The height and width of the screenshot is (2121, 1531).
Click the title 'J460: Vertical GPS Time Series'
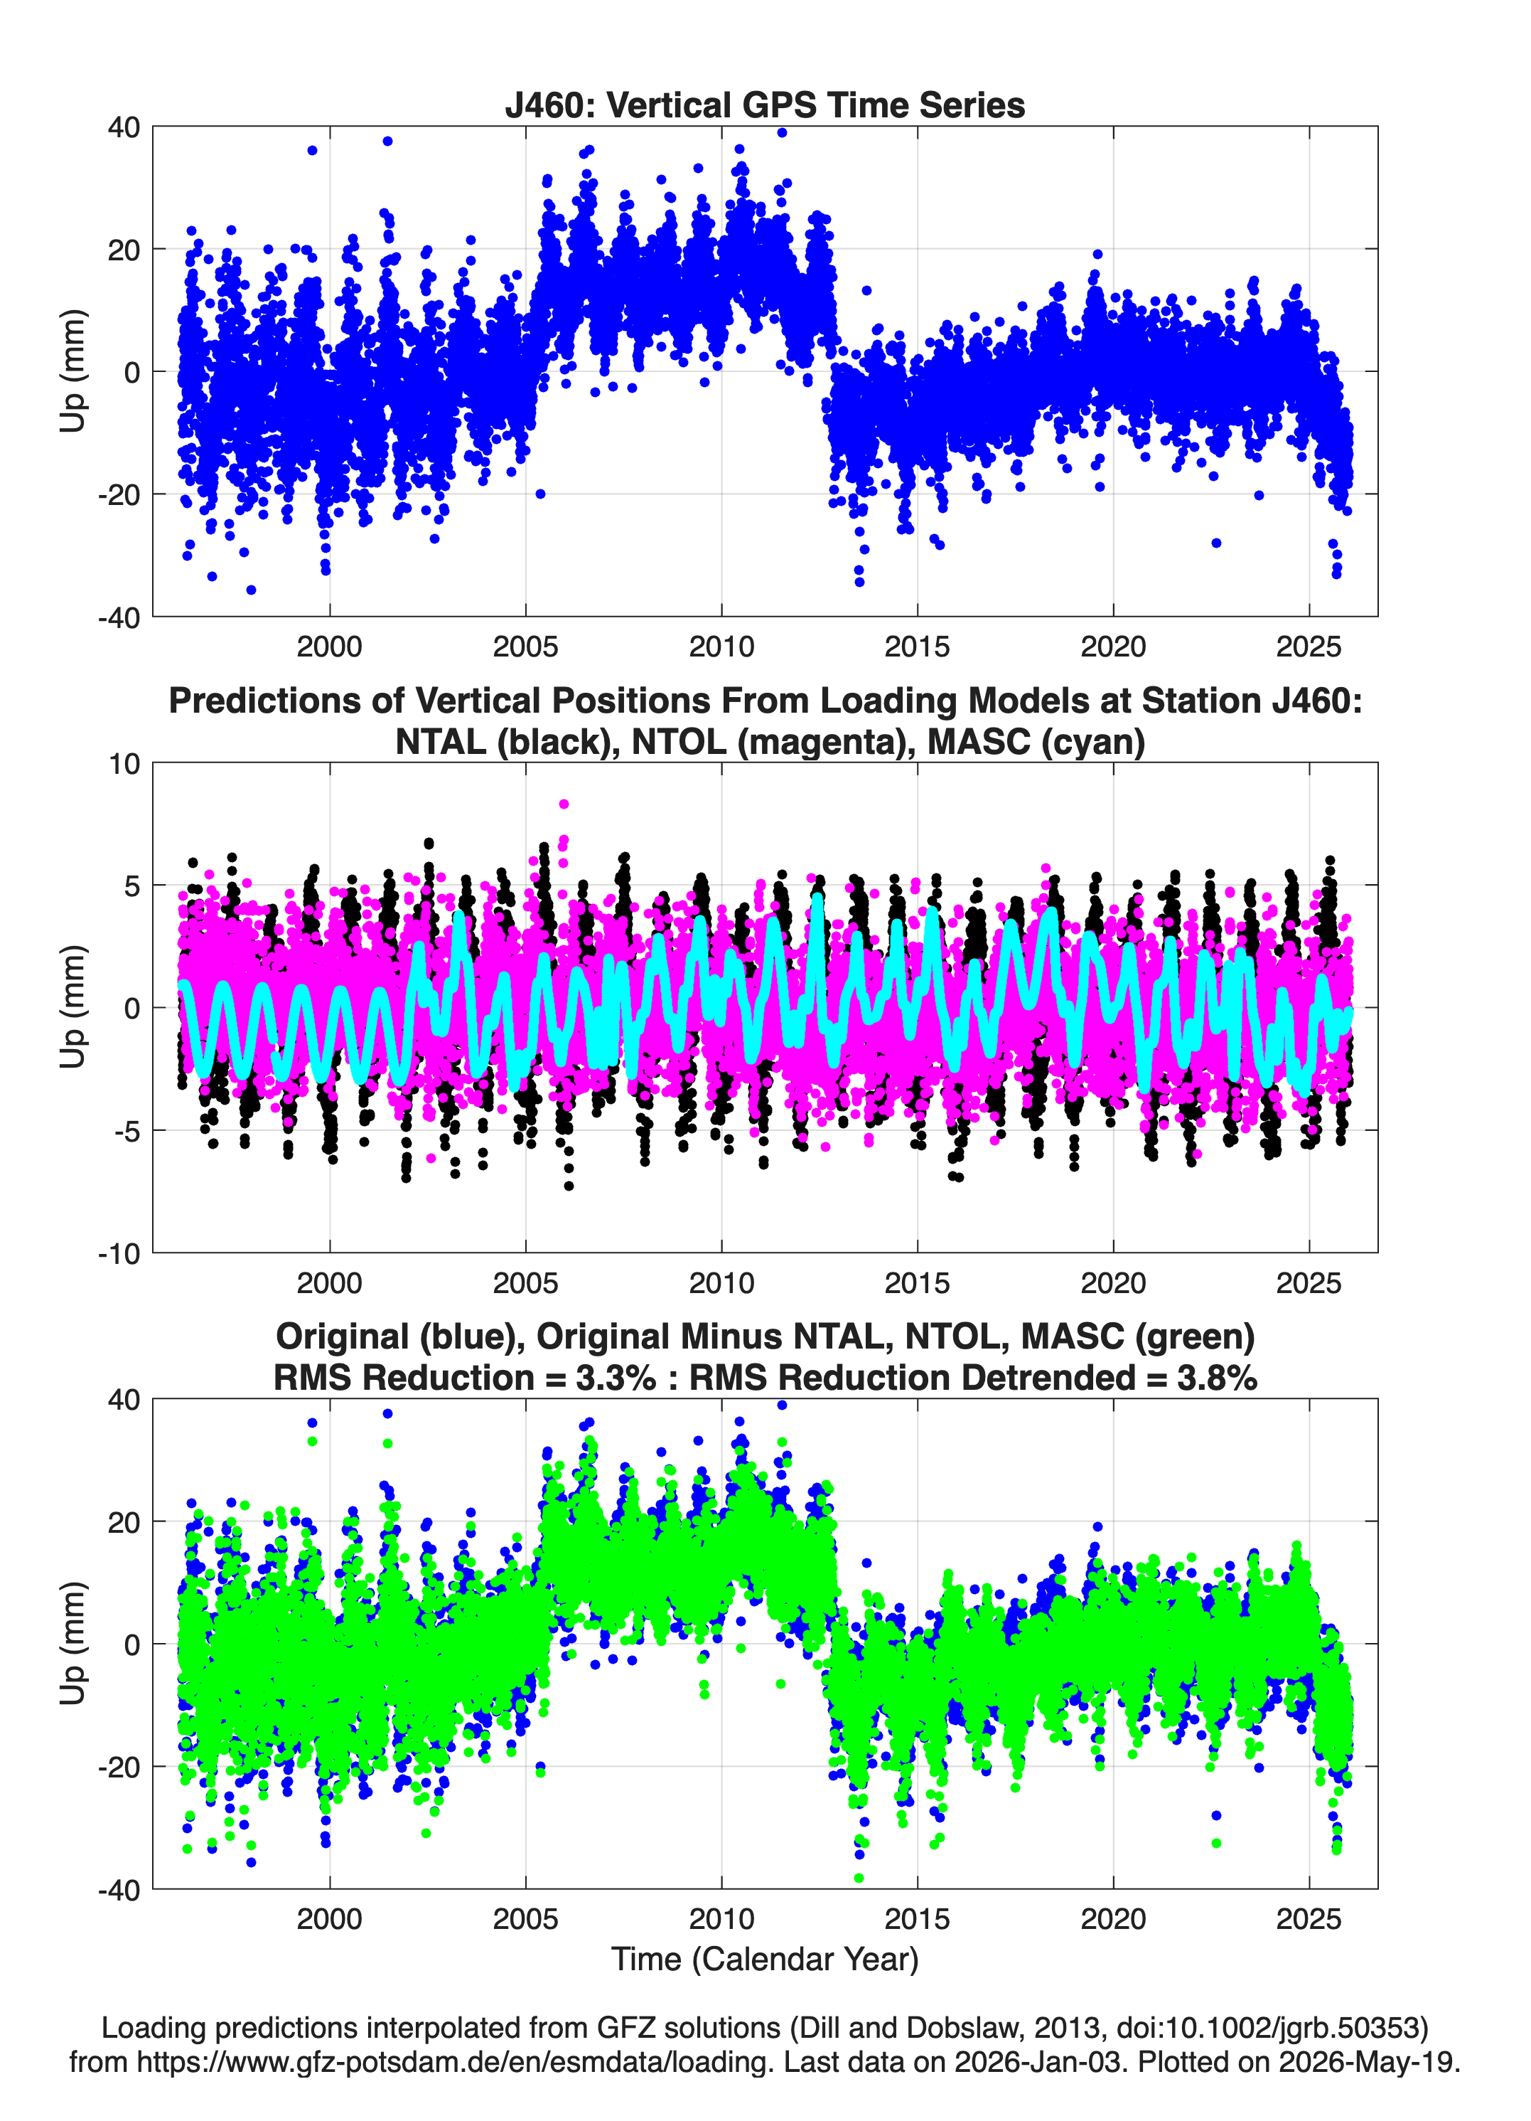[765, 105]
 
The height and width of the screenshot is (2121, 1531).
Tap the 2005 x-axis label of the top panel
[525, 647]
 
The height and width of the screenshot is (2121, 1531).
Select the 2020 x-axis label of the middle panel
[1113, 1282]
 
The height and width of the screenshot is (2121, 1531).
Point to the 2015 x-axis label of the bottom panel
[917, 1918]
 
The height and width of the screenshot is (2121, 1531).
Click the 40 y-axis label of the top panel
[124, 127]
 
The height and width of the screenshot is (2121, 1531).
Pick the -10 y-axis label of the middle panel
[119, 1253]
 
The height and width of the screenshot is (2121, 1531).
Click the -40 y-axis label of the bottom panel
[119, 1889]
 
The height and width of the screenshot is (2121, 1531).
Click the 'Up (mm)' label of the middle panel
[73, 1007]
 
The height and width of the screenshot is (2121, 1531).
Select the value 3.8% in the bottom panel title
[1216, 1378]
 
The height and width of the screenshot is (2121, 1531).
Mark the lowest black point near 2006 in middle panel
[569, 1186]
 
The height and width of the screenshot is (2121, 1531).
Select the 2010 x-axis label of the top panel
[721, 647]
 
